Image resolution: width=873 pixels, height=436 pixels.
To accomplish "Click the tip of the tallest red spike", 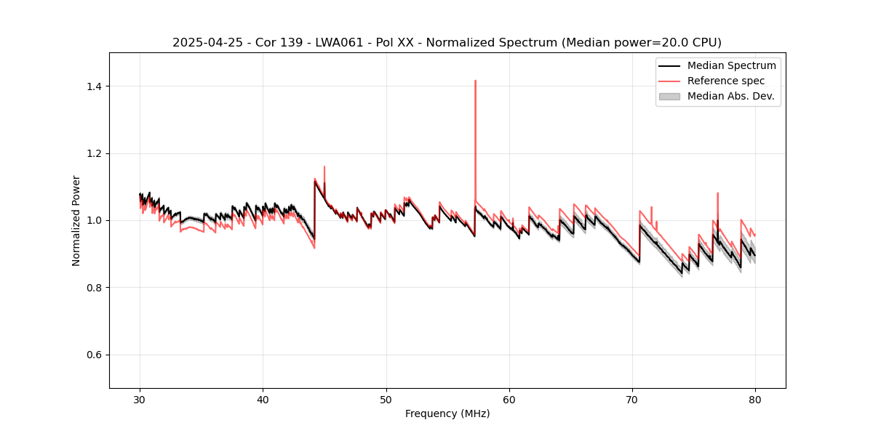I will (475, 81).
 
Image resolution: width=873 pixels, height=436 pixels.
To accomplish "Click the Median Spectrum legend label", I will (731, 65).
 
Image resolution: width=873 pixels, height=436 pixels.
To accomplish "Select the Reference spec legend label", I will (726, 81).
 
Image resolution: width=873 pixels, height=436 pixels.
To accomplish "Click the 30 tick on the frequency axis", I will (140, 399).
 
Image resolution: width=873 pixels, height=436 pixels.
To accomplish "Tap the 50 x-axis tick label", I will (386, 399).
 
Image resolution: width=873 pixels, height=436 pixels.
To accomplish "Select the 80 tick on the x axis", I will (755, 399).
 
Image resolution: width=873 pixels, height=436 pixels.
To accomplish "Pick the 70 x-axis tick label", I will (632, 399).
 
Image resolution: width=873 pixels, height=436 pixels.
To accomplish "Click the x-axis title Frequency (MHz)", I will (447, 413).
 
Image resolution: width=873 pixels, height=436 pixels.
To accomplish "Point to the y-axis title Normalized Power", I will (76, 220).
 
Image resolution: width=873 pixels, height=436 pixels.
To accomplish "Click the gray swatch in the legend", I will (669, 96).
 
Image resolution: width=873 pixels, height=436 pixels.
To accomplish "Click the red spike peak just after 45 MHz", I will (324, 166).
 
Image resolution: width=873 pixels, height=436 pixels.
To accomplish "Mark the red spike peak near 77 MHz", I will (717, 193).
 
